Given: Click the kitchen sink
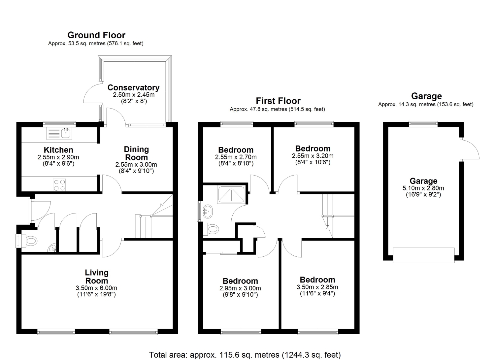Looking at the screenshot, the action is [59, 134].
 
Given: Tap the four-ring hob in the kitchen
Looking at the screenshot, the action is [59, 185].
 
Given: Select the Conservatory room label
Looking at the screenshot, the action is [133, 88].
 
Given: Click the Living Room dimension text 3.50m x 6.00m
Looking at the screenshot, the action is [96, 288].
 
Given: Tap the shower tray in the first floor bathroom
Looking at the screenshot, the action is [231, 195].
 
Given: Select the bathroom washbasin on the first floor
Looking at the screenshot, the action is [208, 212].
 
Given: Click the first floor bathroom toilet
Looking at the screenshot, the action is [211, 229].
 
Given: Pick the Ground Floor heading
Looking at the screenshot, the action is [96, 35].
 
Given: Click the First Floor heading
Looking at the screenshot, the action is [278, 101].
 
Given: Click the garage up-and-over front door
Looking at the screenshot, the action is [424, 255].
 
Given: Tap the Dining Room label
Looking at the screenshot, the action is [136, 153].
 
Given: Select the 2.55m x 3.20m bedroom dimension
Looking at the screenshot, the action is [313, 156].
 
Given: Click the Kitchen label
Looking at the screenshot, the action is [58, 150].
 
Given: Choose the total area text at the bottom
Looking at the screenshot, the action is [245, 355].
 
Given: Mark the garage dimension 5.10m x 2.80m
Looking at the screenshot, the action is [423, 188].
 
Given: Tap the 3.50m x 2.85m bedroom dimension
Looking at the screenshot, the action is [317, 287].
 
